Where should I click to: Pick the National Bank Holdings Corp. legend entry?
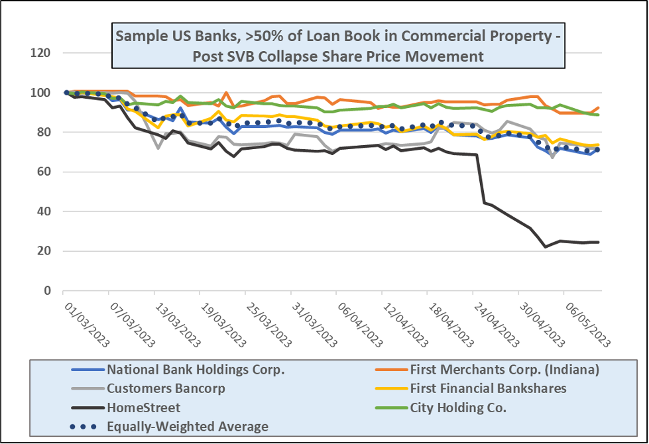click(x=196, y=370)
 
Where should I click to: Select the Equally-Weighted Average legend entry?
click(x=188, y=426)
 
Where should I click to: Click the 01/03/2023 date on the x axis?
click(x=87, y=324)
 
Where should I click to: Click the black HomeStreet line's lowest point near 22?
click(x=546, y=247)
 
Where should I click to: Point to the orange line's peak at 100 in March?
click(x=227, y=93)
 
